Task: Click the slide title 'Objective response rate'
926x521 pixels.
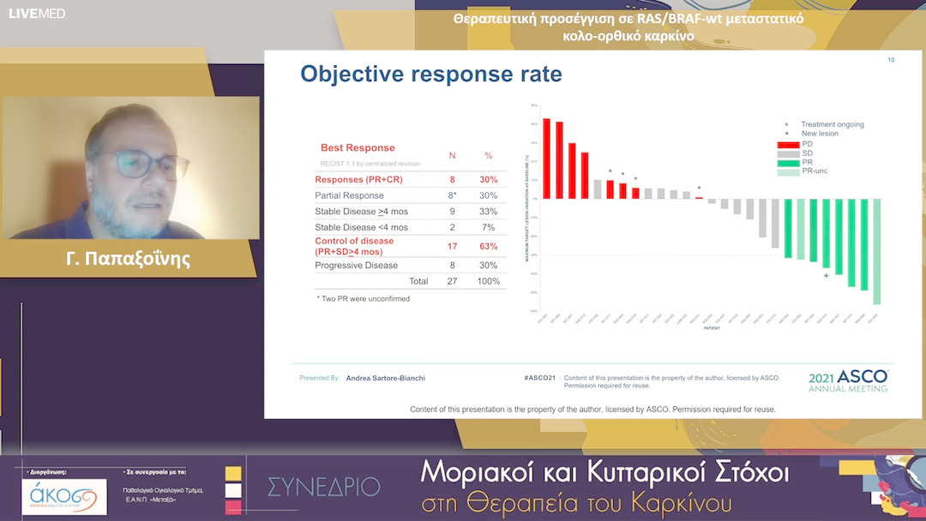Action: click(430, 75)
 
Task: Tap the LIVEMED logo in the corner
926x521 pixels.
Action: click(37, 13)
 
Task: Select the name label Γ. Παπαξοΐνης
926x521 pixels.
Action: click(129, 258)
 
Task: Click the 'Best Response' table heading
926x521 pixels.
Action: click(358, 148)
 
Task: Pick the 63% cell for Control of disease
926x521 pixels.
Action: click(489, 246)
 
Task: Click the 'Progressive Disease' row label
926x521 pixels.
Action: click(356, 266)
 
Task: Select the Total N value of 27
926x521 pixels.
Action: click(452, 281)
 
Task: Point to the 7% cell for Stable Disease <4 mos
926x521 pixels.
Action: click(489, 227)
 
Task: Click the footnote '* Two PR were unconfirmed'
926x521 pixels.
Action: click(363, 299)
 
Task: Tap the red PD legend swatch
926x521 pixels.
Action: click(788, 143)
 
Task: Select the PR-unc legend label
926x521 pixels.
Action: click(814, 171)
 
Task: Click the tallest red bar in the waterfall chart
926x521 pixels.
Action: click(546, 159)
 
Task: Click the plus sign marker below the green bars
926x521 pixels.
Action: click(826, 276)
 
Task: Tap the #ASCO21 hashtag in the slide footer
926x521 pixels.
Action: click(539, 377)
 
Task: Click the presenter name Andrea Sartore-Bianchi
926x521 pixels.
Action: click(385, 377)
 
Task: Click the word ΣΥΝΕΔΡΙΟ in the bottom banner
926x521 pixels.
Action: click(323, 487)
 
